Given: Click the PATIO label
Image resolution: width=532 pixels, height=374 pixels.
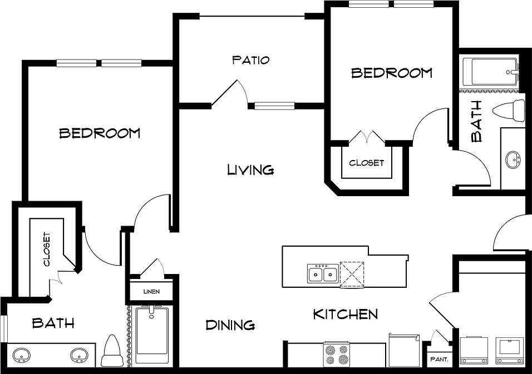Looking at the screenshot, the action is click(251, 61).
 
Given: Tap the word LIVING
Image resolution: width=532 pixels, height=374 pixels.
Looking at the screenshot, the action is click(250, 169).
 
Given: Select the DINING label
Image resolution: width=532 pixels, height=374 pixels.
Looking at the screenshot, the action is click(230, 325).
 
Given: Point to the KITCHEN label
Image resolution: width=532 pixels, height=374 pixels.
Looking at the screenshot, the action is click(346, 315).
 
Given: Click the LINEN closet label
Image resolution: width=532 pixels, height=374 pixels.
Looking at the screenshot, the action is click(152, 292).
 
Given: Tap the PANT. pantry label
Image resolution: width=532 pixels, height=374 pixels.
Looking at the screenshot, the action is click(440, 360).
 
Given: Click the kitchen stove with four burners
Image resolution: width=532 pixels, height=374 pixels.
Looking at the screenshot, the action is click(337, 354).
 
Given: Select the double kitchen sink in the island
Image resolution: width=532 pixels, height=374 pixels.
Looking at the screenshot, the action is click(323, 274).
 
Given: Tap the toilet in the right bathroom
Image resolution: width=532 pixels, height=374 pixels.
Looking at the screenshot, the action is click(509, 111).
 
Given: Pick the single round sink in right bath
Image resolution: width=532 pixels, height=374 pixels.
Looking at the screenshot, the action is click(513, 159).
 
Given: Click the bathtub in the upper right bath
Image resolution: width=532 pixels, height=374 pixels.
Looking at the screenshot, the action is click(490, 72).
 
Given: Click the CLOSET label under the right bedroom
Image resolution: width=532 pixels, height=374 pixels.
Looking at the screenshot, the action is click(366, 163).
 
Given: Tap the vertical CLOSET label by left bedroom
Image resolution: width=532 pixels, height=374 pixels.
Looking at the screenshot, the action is click(47, 249).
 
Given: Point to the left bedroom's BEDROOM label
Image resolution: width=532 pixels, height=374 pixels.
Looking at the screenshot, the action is click(100, 133).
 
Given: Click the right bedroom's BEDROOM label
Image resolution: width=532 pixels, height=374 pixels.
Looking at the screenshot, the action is click(392, 73).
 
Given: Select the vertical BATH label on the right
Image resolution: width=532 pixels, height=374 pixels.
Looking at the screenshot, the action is click(477, 121).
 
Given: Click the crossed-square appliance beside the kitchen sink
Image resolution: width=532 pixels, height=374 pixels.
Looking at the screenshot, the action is click(352, 275).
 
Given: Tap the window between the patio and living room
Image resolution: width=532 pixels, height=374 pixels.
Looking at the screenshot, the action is click(274, 106).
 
